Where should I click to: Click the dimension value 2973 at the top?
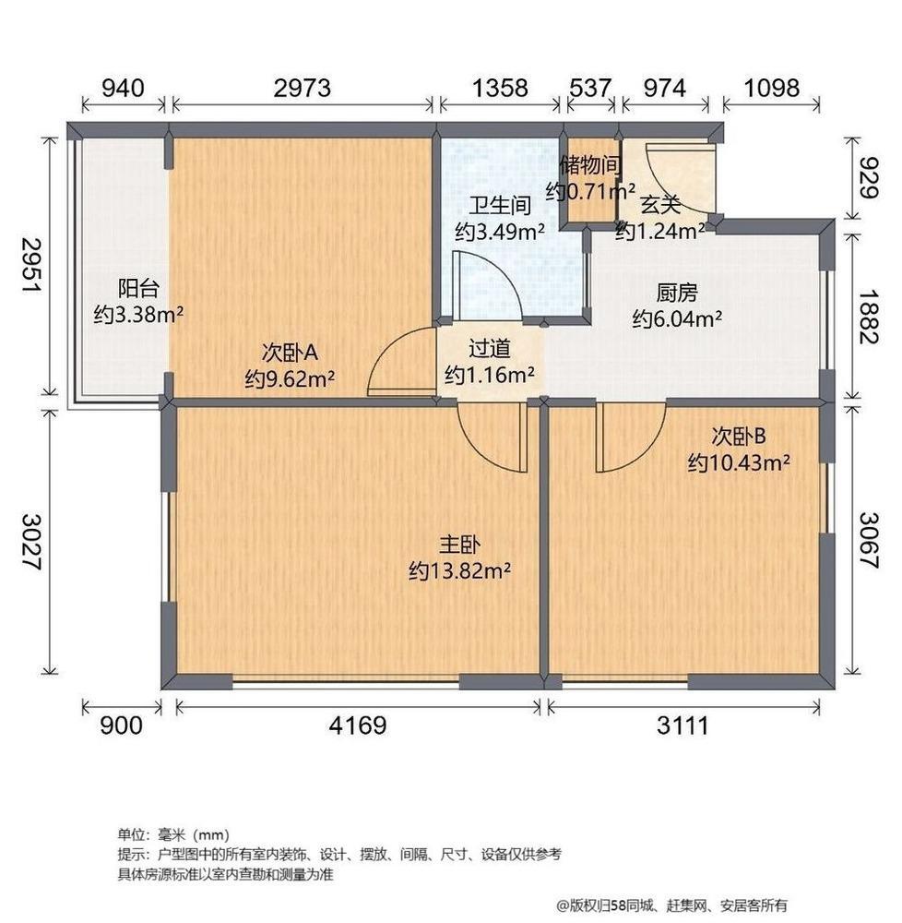[x=303, y=88]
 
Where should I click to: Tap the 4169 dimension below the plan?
[x=358, y=725]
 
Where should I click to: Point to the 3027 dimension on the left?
[x=31, y=542]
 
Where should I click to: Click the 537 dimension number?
[x=590, y=88]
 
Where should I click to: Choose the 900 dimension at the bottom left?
[x=121, y=725]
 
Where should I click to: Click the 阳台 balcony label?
[x=138, y=289]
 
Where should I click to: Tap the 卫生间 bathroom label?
[x=500, y=206]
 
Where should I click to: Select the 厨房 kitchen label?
[x=677, y=293]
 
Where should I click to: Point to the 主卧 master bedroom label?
[x=459, y=545]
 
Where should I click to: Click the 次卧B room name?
[x=739, y=437]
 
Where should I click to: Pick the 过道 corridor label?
[x=489, y=349]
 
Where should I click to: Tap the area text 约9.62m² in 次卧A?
[x=290, y=378]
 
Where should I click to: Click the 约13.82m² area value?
[x=459, y=570]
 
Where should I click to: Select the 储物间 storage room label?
[x=590, y=165]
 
